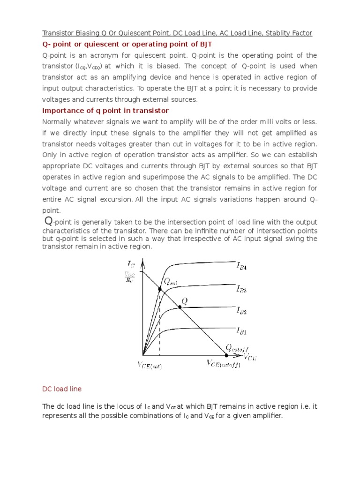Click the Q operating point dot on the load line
pyautogui.click(x=180, y=307)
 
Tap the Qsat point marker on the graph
pyautogui.click(x=160, y=289)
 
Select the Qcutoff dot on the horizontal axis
pyautogui.click(x=226, y=354)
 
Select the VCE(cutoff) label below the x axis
pyautogui.click(x=224, y=364)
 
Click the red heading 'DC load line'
pyautogui.click(x=62, y=389)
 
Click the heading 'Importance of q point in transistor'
pyautogui.click(x=105, y=111)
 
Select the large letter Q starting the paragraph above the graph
pyautogui.click(x=47, y=220)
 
